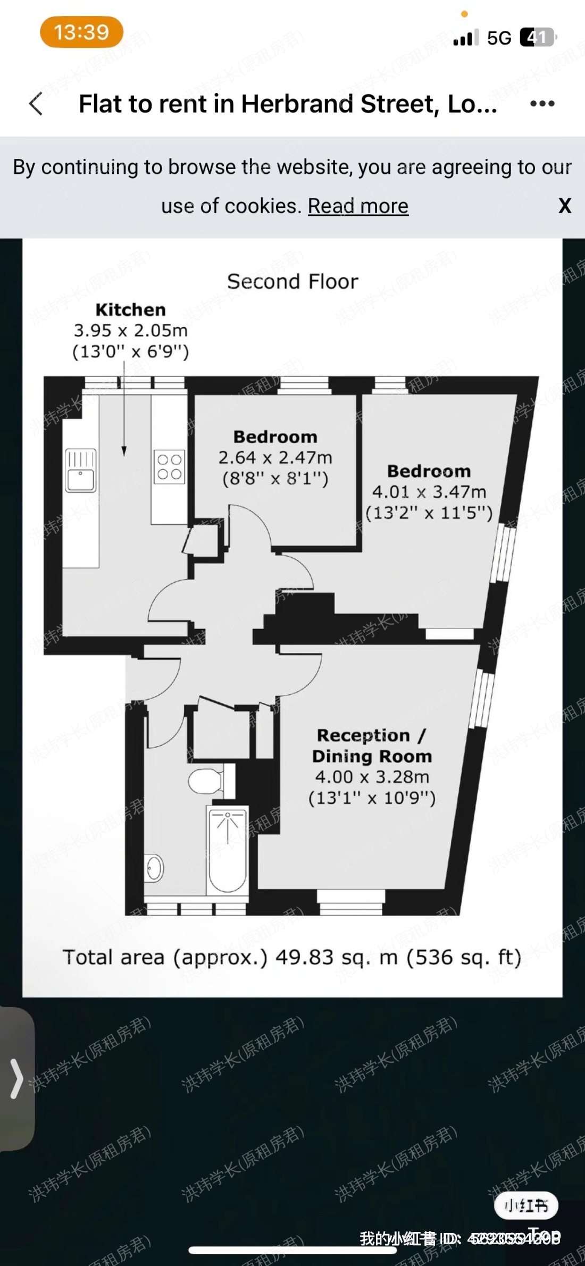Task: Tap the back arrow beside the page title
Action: click(36, 104)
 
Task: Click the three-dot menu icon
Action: click(542, 104)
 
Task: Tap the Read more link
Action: click(358, 206)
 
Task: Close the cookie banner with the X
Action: click(565, 206)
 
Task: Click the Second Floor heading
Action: click(292, 281)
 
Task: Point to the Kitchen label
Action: click(130, 309)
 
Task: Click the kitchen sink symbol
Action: click(80, 470)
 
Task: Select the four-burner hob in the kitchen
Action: click(170, 467)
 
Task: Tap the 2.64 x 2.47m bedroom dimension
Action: click(275, 457)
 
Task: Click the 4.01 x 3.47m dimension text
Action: click(429, 492)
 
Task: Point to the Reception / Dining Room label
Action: click(372, 745)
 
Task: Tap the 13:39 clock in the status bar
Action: click(81, 32)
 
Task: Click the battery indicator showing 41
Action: click(537, 37)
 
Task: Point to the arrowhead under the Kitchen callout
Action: click(124, 451)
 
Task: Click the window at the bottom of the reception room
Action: click(351, 902)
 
